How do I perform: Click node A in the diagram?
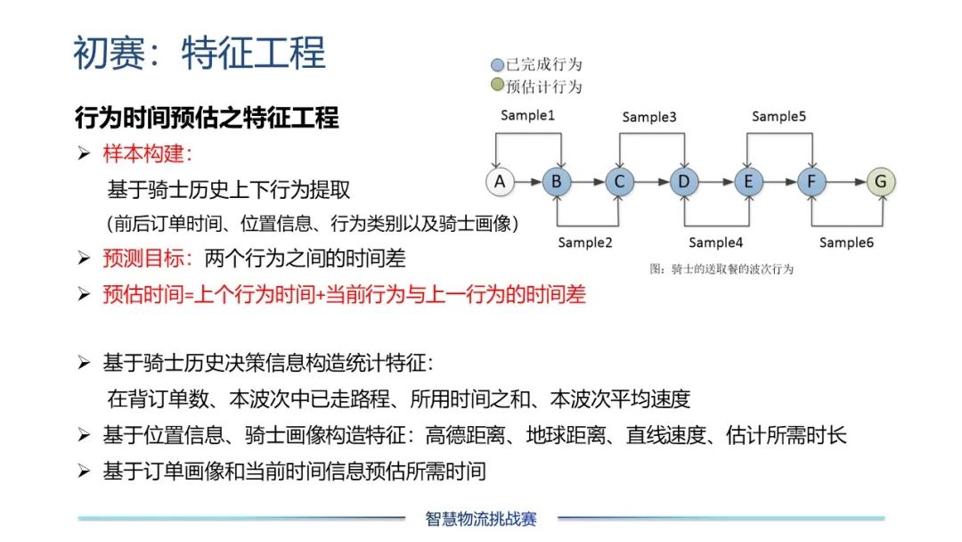(x=500, y=182)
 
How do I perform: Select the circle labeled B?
(x=557, y=182)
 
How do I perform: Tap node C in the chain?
(x=619, y=182)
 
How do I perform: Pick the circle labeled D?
(x=684, y=182)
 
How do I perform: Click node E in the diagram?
(x=748, y=182)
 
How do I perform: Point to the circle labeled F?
(x=811, y=182)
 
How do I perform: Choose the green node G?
(x=881, y=182)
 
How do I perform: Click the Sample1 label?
(x=527, y=115)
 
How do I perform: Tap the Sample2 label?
(x=585, y=242)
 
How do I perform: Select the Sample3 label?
(x=649, y=117)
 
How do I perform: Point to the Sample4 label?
(x=716, y=242)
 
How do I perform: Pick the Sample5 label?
(x=779, y=116)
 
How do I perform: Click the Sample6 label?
(x=847, y=242)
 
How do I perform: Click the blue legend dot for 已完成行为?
(x=498, y=64)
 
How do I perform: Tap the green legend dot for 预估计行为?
(x=498, y=84)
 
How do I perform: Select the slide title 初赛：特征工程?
(x=200, y=53)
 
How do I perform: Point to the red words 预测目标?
(x=143, y=259)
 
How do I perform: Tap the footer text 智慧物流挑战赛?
(x=481, y=520)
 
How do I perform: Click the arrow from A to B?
(x=528, y=182)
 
